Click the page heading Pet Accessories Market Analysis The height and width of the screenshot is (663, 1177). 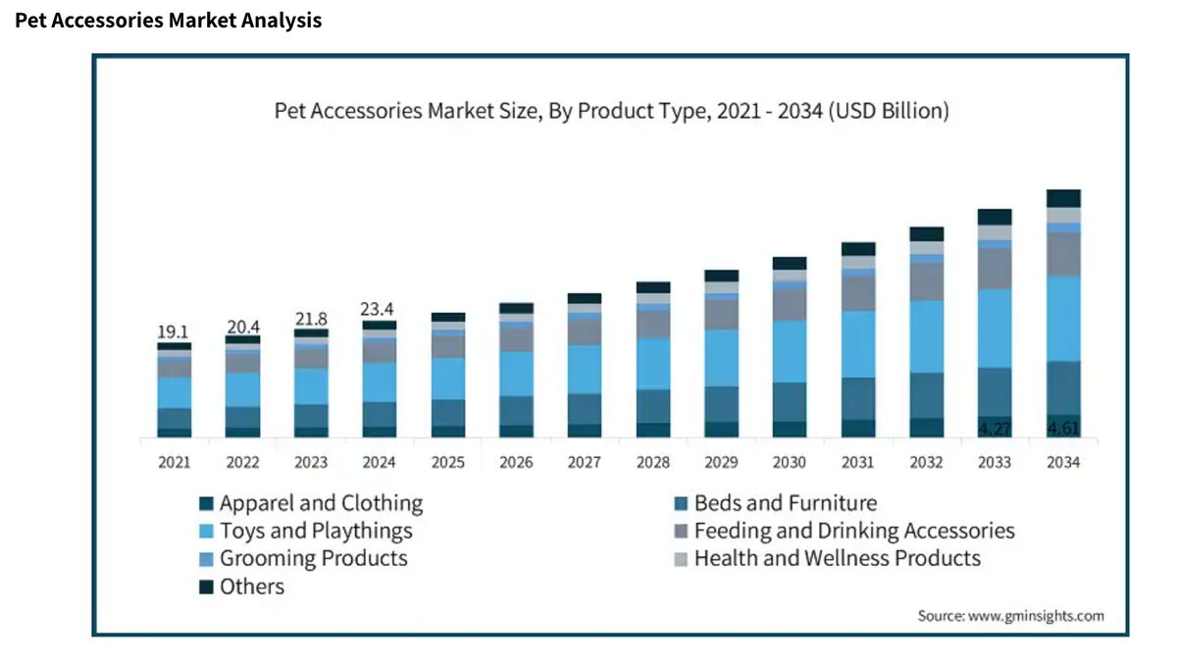(x=168, y=20)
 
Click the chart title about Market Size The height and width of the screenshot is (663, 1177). (x=611, y=111)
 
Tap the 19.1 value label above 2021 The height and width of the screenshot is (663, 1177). (x=174, y=332)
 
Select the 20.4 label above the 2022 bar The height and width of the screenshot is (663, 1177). (x=242, y=327)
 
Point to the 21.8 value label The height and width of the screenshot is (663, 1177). (x=311, y=320)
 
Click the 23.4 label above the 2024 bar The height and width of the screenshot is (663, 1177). (x=379, y=310)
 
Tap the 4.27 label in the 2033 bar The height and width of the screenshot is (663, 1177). (x=995, y=429)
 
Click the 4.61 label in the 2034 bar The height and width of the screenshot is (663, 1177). (x=1063, y=428)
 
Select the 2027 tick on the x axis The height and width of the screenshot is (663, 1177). (x=585, y=463)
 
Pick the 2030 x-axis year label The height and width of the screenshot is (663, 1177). (x=790, y=463)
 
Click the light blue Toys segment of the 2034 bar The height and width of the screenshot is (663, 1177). (x=1063, y=319)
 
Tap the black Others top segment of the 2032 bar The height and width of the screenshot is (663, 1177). (x=927, y=233)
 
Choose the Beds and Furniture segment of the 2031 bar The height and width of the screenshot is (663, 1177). (x=858, y=398)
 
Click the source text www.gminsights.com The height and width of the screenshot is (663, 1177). (x=1010, y=616)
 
